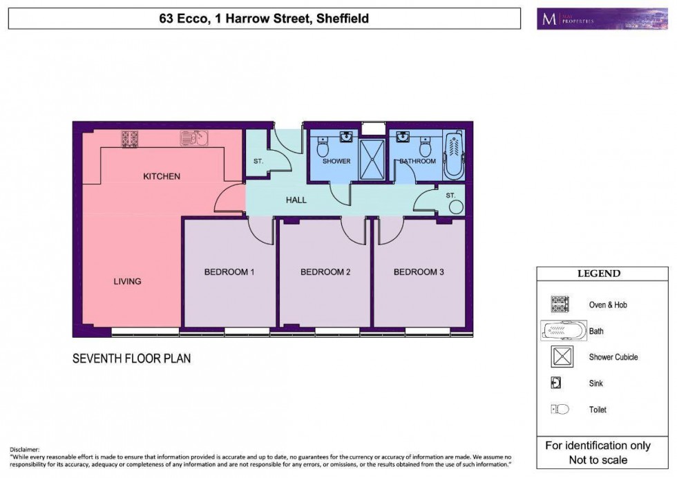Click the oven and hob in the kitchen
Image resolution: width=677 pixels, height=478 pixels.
(x=131, y=138)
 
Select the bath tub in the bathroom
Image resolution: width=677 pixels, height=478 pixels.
(x=454, y=155)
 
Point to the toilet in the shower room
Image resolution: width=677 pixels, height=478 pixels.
(x=323, y=147)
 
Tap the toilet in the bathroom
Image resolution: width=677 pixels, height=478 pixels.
(x=426, y=147)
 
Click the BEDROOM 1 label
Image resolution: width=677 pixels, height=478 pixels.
(x=229, y=272)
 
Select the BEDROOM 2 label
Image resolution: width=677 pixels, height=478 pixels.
(x=325, y=272)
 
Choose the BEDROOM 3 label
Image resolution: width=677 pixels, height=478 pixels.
(x=419, y=272)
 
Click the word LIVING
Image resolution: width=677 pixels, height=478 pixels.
(x=128, y=281)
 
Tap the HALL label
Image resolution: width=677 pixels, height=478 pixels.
(x=296, y=200)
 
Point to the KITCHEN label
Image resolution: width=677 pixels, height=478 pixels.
(x=162, y=176)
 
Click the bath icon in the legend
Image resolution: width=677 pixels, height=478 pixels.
(x=563, y=331)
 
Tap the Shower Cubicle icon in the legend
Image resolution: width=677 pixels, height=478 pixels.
(x=560, y=357)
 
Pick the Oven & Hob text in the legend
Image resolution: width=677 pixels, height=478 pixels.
(x=608, y=305)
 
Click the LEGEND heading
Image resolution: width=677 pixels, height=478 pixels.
(x=598, y=274)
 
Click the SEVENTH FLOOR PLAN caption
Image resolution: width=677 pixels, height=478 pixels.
(x=131, y=358)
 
